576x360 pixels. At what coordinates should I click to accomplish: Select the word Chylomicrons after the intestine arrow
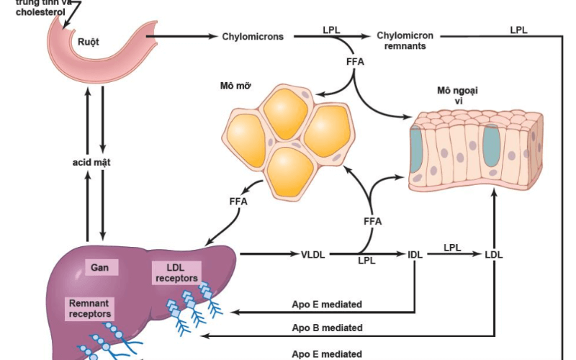tap(252, 36)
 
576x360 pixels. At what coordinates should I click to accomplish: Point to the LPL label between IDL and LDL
tap(452, 247)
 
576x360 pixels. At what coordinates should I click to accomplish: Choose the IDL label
tap(415, 254)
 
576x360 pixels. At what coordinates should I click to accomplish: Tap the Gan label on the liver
tap(99, 268)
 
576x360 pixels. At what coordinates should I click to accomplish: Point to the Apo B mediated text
tap(327, 328)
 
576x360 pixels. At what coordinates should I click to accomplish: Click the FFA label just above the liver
tap(238, 202)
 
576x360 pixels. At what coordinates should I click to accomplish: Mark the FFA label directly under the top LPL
tap(355, 62)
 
